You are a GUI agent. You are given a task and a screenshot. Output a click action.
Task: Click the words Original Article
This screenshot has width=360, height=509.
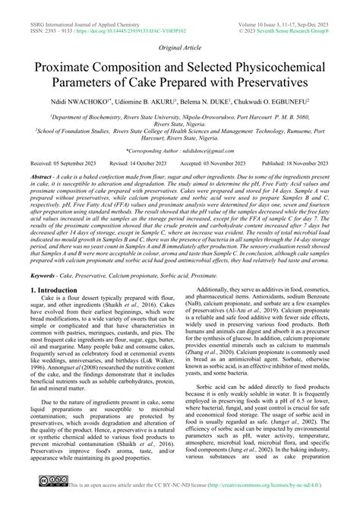click(179, 46)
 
